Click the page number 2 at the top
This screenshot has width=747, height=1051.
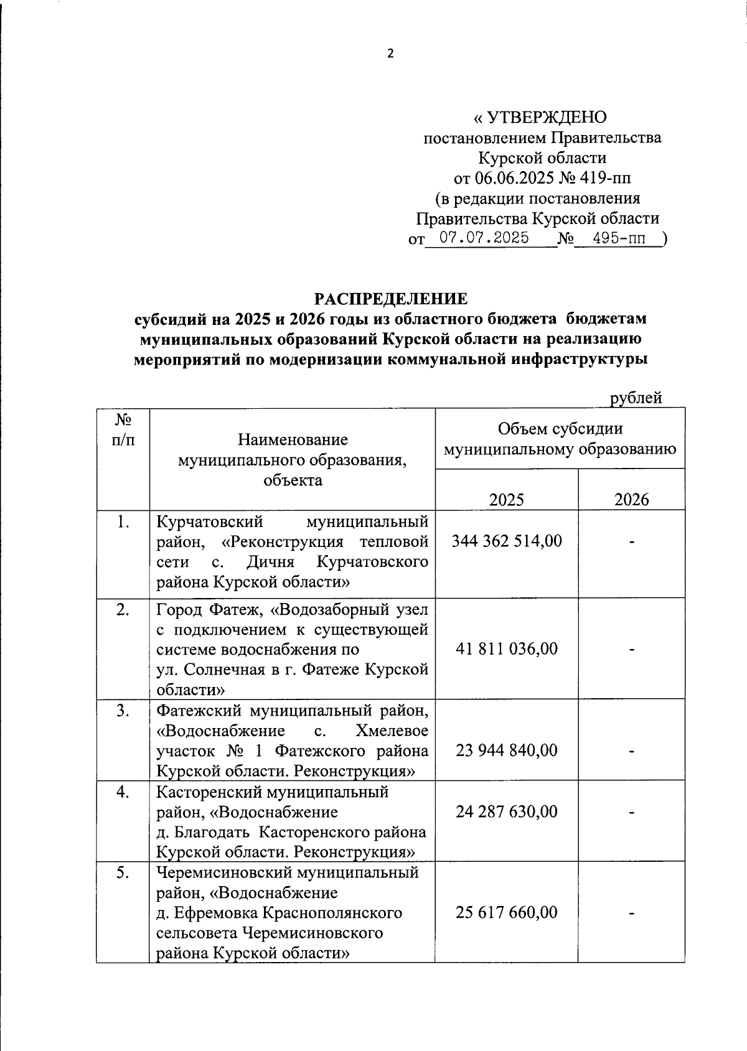pos(390,54)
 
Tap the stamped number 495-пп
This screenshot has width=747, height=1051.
pos(619,238)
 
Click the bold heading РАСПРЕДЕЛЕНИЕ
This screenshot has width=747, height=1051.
pos(390,299)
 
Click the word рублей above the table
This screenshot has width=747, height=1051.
pos(636,398)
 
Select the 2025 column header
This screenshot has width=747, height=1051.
pos(506,499)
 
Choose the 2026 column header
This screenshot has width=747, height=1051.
pos(631,499)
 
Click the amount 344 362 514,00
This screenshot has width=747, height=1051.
pos(506,541)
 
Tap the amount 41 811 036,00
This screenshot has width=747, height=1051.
pos(506,649)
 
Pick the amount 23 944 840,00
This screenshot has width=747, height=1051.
pos(506,750)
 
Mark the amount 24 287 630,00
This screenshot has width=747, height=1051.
pos(506,811)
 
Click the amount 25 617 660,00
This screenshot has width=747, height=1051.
pos(506,912)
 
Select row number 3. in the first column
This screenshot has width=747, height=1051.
pos(122,711)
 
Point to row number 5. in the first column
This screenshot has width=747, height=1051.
pos(122,873)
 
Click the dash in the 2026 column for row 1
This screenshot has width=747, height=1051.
pos(631,543)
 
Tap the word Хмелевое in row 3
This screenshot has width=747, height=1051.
pos(392,731)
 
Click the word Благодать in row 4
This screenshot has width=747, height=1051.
pos(216,832)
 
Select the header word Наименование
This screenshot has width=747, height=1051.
pos(293,440)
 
